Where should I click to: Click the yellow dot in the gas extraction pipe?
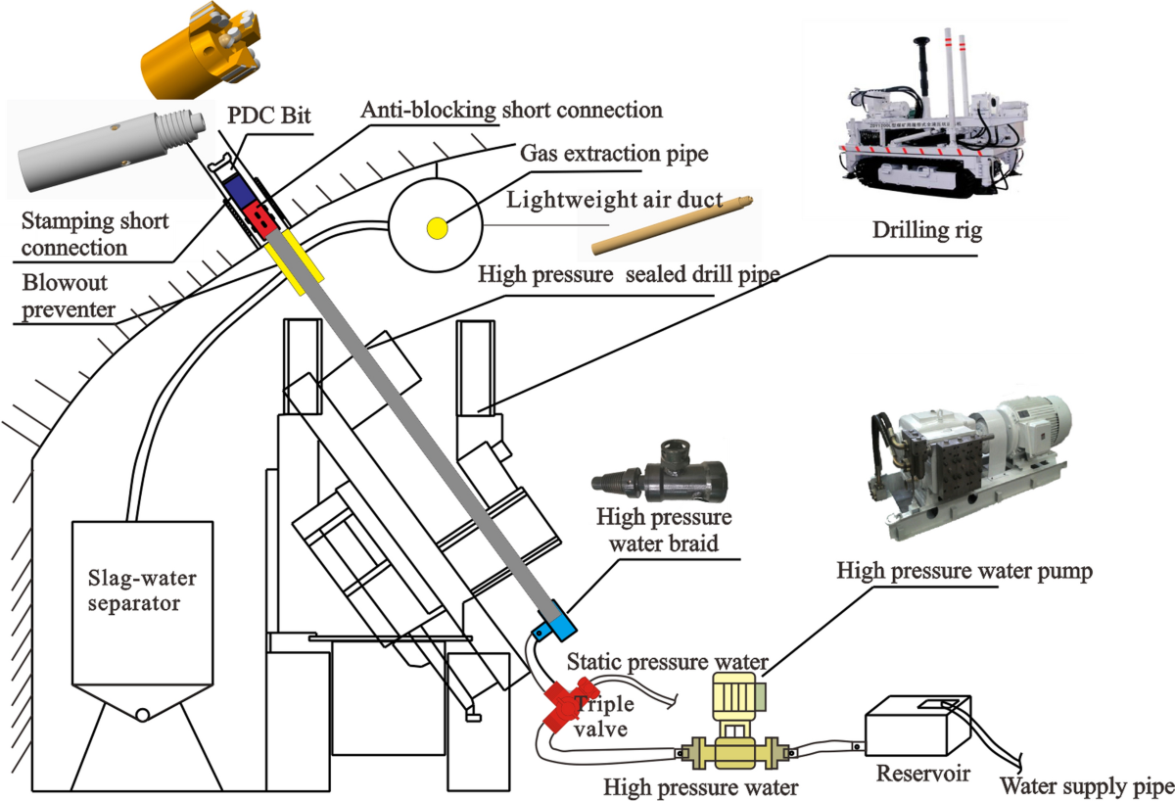[x=436, y=228]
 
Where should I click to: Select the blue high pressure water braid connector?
[x=554, y=621]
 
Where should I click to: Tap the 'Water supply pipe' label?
[x=1085, y=785]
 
